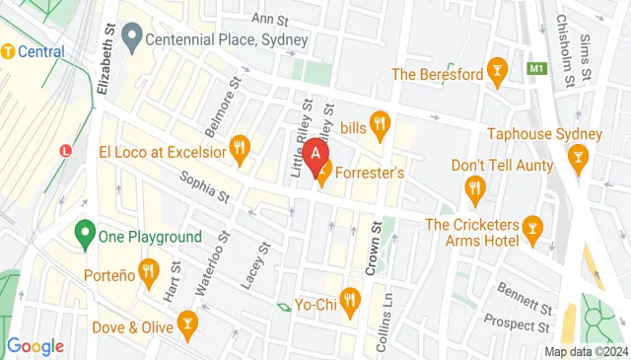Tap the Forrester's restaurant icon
coord(321,172)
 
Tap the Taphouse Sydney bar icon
coord(578,154)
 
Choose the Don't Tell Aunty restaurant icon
coord(474,186)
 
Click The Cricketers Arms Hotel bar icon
coord(533,231)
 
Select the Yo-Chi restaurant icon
coord(349,298)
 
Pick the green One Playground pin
coord(85,236)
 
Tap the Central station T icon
coord(7,51)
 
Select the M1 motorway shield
coord(536,69)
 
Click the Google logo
coord(35,346)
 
